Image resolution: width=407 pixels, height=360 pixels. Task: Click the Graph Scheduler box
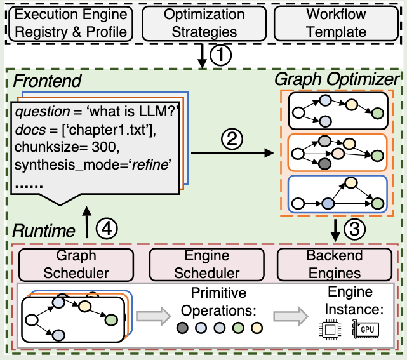(x=77, y=264)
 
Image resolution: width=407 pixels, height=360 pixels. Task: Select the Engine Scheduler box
(x=203, y=264)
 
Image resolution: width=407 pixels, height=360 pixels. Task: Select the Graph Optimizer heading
(x=337, y=80)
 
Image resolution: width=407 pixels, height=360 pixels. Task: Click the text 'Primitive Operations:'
(x=219, y=303)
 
